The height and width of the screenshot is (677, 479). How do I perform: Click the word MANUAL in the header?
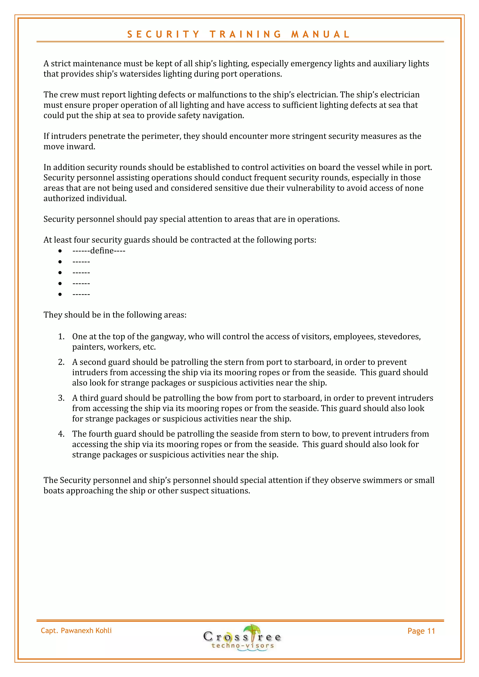pyautogui.click(x=320, y=35)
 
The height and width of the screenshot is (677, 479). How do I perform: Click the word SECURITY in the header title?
pyautogui.click(x=163, y=35)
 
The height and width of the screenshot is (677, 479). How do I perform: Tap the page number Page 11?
pyautogui.click(x=421, y=631)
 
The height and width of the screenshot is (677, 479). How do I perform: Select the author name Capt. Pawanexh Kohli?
pyautogui.click(x=76, y=630)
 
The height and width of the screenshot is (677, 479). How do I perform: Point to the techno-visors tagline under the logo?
pyautogui.click(x=243, y=646)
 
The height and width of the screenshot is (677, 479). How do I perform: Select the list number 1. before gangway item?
pyautogui.click(x=61, y=337)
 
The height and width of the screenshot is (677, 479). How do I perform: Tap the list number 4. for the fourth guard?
pyautogui.click(x=61, y=434)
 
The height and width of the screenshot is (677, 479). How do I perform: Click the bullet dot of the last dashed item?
pyautogui.click(x=60, y=294)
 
